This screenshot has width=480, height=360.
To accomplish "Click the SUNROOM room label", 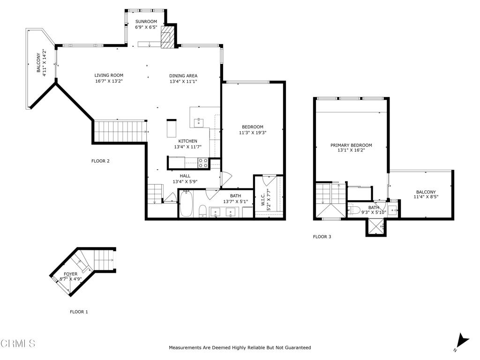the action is (146, 22).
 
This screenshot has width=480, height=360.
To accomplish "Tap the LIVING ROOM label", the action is (109, 75).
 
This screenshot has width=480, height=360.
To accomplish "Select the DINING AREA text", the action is (183, 75).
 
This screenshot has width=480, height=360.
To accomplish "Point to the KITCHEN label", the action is (187, 141).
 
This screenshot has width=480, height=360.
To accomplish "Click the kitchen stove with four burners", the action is (202, 163).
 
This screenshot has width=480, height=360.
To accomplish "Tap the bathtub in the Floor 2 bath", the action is (186, 203).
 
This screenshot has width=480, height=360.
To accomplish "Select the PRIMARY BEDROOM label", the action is (351, 145).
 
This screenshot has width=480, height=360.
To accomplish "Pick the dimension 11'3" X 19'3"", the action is (253, 133).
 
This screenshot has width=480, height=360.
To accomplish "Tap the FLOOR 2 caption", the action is (100, 161).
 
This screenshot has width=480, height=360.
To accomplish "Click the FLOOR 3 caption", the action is (322, 237).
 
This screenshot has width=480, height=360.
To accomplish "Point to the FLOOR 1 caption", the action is (79, 312).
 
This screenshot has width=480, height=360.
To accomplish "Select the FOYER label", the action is (70, 274).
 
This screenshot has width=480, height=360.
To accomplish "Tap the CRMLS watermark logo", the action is (18, 344).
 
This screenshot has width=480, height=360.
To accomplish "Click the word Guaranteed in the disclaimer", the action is (298, 347).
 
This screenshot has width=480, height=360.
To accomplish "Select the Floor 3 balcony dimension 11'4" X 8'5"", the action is (426, 197).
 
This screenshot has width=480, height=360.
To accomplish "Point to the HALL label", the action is (185, 176).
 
